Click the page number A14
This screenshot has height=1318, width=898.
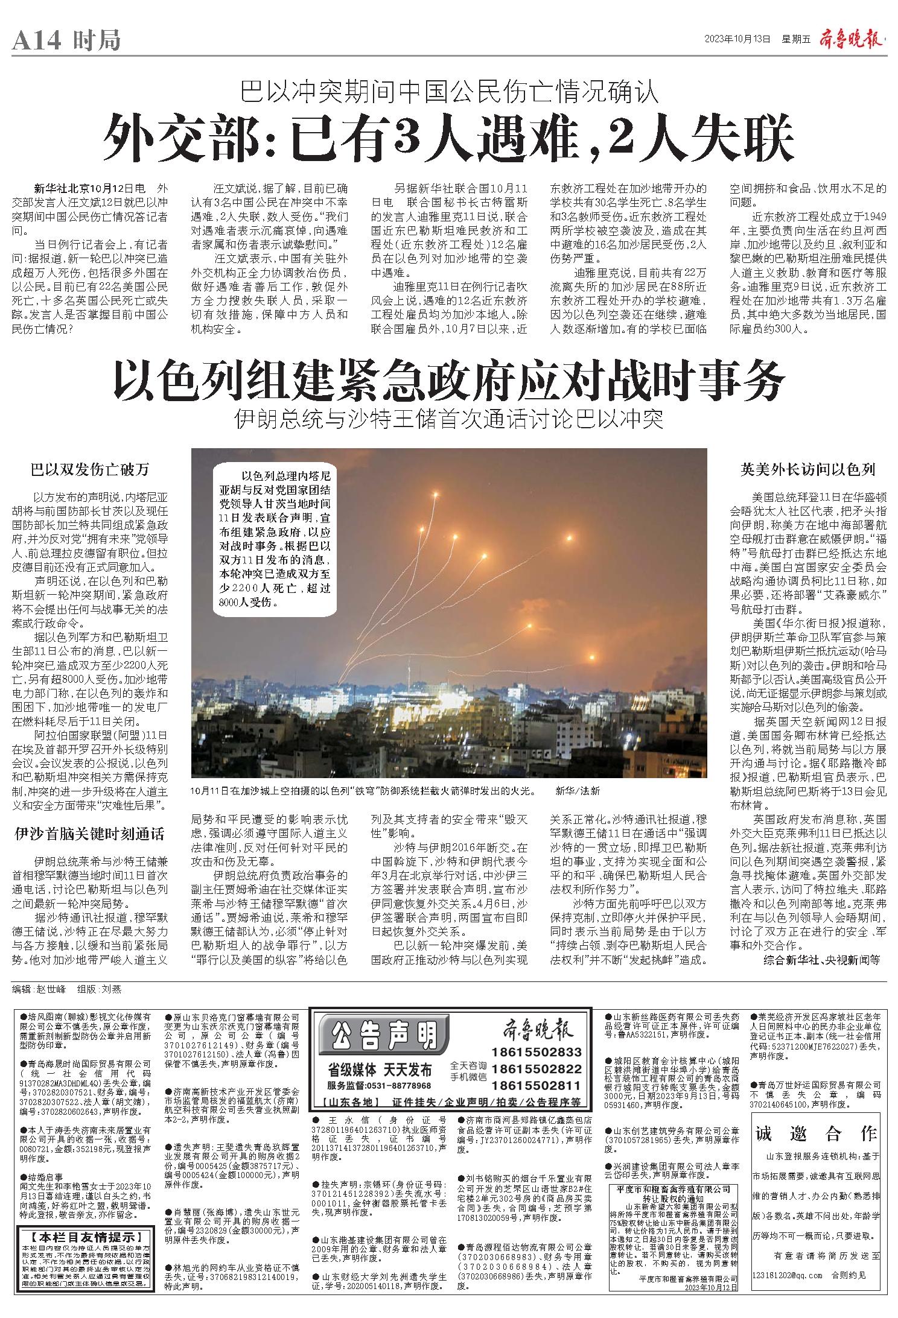click(x=36, y=41)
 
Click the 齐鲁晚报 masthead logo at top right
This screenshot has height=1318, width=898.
click(x=851, y=39)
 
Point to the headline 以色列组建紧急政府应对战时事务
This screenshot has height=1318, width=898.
click(x=449, y=378)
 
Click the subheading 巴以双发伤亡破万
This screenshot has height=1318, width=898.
click(x=90, y=470)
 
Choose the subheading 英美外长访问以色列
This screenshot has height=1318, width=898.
click(x=807, y=470)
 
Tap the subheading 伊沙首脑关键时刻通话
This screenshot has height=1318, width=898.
click(x=90, y=834)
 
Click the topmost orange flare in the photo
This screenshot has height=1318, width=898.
click(x=436, y=495)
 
